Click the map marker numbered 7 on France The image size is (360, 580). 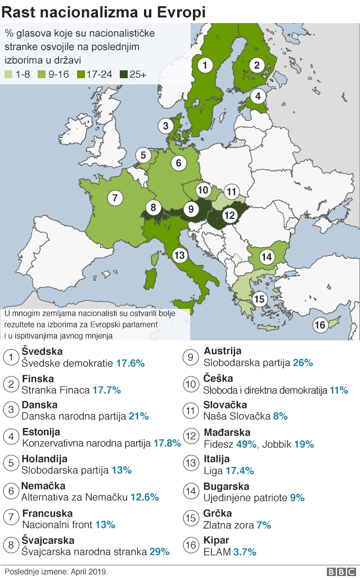115,197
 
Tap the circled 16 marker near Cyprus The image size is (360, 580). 320,325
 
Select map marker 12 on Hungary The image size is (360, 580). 229,214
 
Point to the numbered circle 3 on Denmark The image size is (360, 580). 165,126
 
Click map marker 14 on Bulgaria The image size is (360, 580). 267,257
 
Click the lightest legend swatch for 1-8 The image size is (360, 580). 8,74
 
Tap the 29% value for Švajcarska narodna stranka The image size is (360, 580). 158,552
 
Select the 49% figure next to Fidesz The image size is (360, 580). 246,444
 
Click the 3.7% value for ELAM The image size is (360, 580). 245,552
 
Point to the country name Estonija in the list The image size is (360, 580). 40,431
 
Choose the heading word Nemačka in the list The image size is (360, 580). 43,485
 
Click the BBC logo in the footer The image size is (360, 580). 338,572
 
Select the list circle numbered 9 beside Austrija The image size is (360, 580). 191,357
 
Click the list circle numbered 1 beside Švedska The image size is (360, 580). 10,357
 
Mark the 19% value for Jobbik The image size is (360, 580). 304,444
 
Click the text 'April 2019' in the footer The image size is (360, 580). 89,572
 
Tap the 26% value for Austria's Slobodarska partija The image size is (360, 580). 303,363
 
